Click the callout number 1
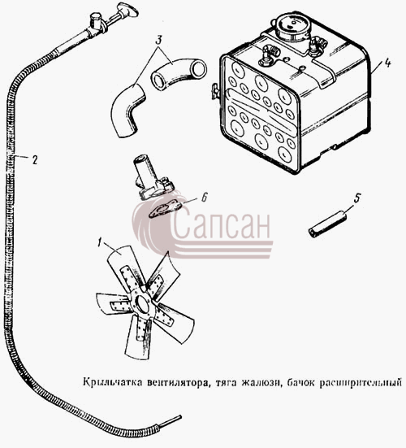point(99,242)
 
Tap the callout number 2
point(35,159)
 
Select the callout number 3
point(158,41)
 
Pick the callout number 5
point(357,198)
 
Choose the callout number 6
point(204,197)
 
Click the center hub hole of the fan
point(142,305)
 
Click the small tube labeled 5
point(327,226)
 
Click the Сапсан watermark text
point(221,224)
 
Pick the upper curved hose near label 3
point(179,73)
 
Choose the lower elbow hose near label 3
point(127,111)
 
